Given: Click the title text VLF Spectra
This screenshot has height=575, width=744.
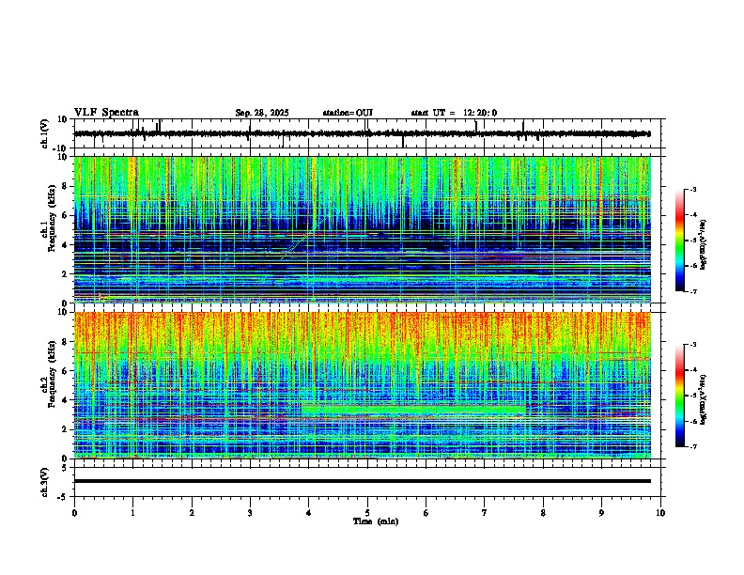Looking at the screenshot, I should (x=106, y=113).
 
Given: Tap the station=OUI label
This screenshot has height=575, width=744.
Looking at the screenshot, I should (x=348, y=113).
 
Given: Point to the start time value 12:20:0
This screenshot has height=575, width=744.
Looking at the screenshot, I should (x=479, y=113).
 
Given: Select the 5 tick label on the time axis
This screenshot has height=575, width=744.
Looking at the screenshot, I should (x=367, y=512).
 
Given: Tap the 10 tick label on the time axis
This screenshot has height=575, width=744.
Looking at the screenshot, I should (x=660, y=512).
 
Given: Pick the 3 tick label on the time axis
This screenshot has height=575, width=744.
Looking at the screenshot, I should (x=250, y=512).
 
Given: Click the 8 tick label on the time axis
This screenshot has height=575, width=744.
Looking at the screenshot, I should (x=543, y=512).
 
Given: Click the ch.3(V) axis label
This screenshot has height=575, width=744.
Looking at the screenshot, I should (x=45, y=481).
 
